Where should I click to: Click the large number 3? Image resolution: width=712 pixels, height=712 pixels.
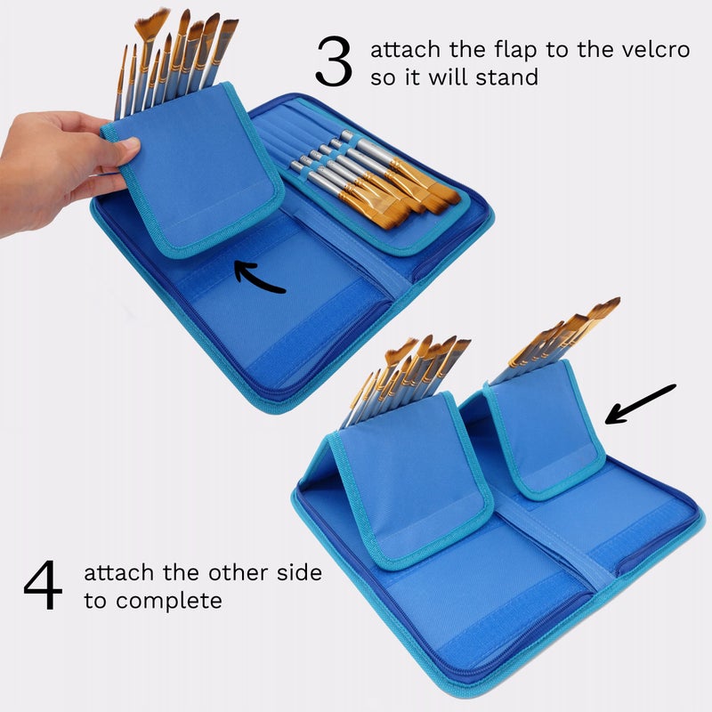tap(334, 61)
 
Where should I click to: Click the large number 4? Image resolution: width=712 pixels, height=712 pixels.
tap(43, 585)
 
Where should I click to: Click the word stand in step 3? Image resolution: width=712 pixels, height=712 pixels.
tap(506, 77)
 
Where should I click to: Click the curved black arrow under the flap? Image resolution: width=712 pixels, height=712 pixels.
tap(255, 277)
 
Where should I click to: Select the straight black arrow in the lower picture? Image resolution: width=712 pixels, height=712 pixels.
tap(640, 404)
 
